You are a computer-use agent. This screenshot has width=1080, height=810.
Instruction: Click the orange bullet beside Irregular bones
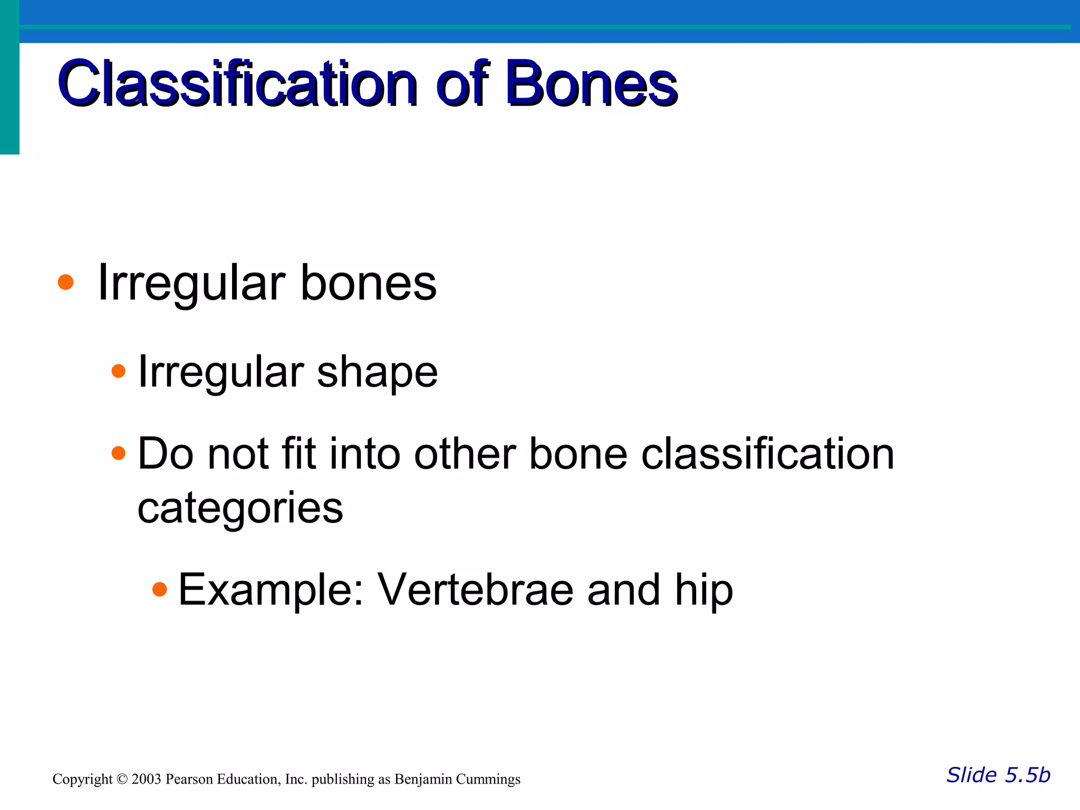click(65, 282)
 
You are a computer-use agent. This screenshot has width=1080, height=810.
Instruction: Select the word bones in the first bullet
click(368, 283)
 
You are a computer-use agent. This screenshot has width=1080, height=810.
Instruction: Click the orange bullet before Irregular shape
click(119, 371)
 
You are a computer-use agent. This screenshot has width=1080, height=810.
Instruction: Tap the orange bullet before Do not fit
click(119, 453)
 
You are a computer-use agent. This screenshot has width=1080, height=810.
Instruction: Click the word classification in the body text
click(767, 455)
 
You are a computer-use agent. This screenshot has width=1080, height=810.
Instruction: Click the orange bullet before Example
click(159, 589)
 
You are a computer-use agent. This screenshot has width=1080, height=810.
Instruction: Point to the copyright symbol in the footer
click(122, 779)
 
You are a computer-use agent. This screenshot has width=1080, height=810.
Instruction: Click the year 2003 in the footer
click(146, 779)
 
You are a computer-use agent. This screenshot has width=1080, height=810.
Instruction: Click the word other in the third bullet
click(465, 455)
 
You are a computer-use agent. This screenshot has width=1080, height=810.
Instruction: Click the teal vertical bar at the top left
click(9, 79)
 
